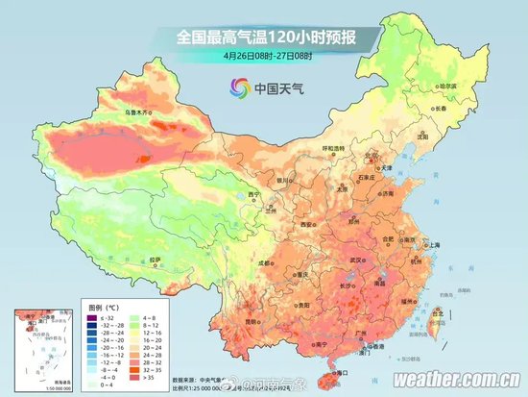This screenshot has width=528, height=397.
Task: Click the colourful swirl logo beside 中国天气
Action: pyautogui.click(x=237, y=88)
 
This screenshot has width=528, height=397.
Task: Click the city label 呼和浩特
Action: pyautogui.click(x=332, y=148)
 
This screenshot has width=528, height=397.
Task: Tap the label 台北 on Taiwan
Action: pyautogui.click(x=440, y=312)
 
